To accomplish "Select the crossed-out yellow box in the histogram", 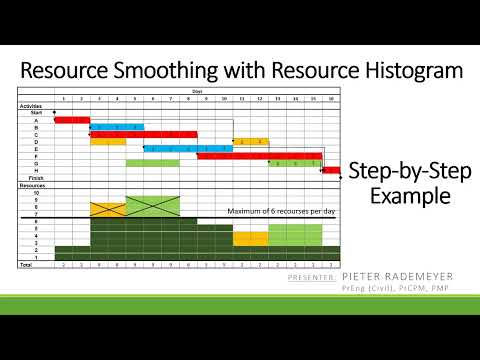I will point(108,209).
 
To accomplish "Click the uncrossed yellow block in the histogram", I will point(250,238).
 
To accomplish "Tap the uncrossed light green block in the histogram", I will point(295,234).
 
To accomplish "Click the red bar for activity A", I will point(72,120).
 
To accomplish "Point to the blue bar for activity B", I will point(117,127).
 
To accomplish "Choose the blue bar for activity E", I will point(180,148).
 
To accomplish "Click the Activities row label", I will point(31,106).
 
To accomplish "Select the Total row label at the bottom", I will point(26,264).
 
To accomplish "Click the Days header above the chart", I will point(197,91).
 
